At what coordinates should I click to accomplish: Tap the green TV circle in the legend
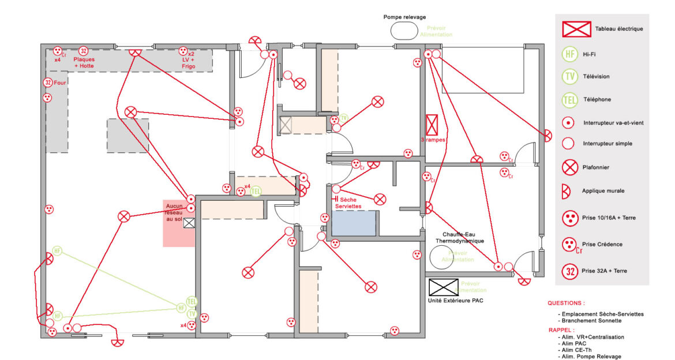(570, 76)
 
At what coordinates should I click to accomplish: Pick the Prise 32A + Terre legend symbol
(570, 270)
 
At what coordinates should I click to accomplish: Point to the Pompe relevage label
(404, 17)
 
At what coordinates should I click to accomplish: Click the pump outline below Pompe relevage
(404, 31)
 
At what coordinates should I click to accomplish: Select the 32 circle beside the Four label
(48, 83)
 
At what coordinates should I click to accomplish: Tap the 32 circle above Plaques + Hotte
(83, 51)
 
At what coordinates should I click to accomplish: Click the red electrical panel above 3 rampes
(432, 125)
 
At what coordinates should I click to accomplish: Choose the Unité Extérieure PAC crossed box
(443, 287)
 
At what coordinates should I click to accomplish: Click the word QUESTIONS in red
(566, 303)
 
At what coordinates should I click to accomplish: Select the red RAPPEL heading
(561, 330)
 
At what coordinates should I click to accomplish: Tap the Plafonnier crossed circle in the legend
(570, 167)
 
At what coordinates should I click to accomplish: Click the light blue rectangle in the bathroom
(354, 223)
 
